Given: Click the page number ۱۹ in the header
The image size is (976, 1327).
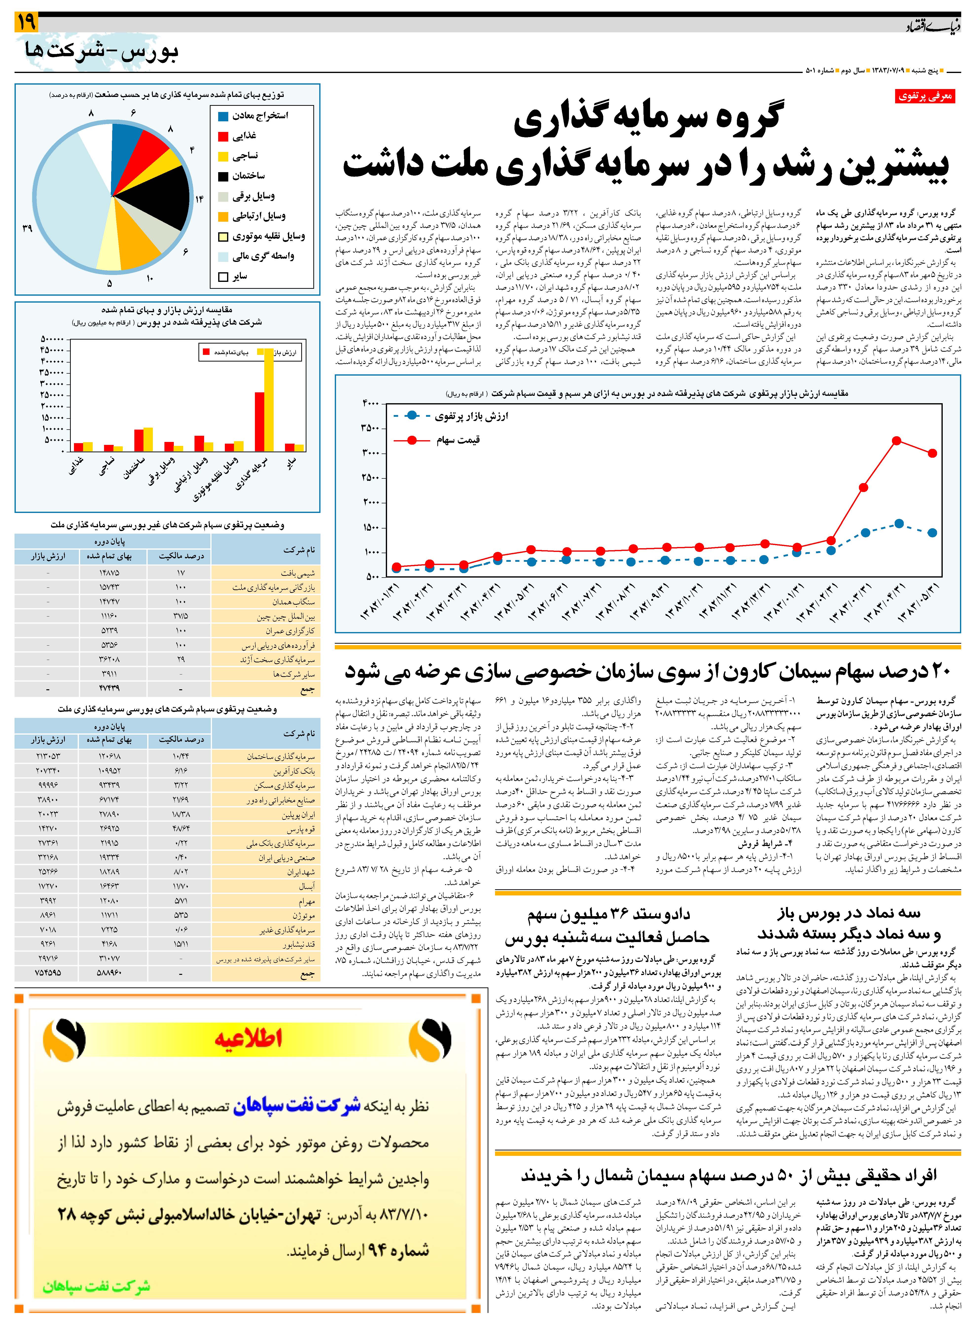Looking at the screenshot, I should point(26,22).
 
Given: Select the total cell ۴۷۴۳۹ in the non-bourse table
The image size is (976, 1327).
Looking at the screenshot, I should point(110,688).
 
